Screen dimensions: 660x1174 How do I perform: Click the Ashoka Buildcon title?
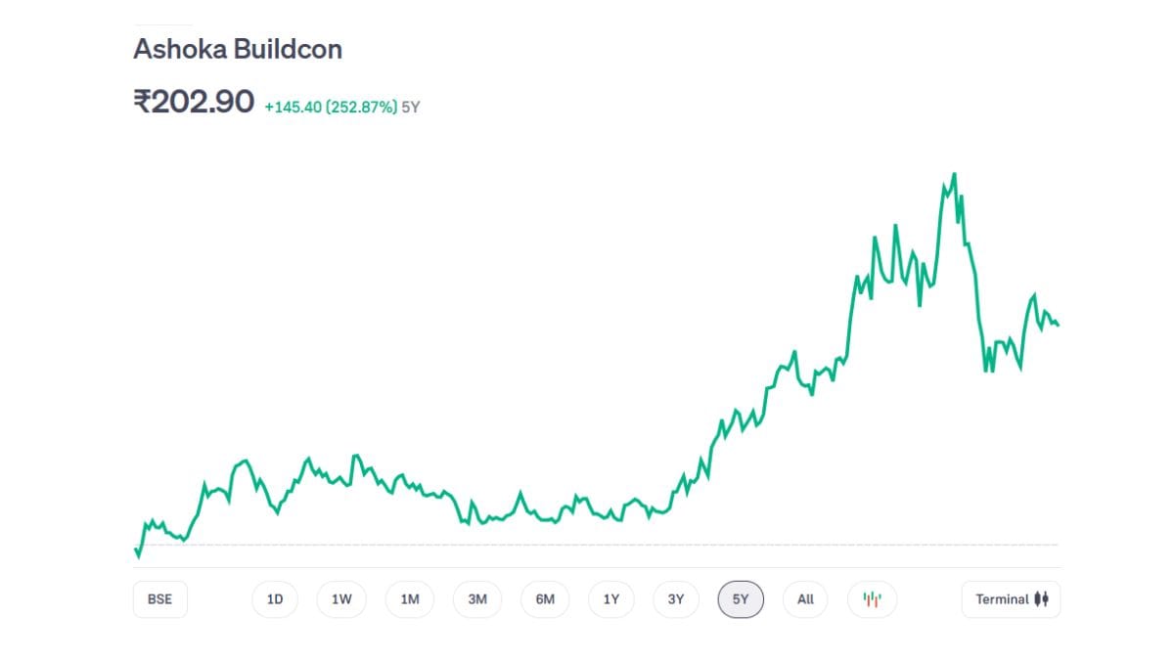coord(238,50)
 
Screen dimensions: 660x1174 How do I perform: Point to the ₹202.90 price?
coord(194,102)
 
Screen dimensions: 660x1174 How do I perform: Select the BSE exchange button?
coord(159,599)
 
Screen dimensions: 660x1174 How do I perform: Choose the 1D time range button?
coord(275,599)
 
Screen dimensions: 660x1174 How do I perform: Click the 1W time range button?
coord(341,599)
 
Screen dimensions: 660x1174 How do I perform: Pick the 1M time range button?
coord(409,599)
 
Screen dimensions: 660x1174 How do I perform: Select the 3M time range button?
coord(477,599)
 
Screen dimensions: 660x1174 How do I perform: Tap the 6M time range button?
coord(545,599)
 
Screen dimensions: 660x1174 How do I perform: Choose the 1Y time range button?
coord(611,599)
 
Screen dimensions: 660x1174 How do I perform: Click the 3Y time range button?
coord(676,599)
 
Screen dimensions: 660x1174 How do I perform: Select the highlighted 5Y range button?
coord(741,599)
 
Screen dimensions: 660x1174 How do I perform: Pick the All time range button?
coord(805,599)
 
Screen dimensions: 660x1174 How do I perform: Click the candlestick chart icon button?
coord(872,599)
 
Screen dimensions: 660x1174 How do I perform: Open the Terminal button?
coord(1011,599)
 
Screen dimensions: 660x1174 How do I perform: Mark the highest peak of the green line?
coord(954,174)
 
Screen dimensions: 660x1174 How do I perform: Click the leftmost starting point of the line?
coord(135,550)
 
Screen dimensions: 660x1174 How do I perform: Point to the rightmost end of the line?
coord(1058,325)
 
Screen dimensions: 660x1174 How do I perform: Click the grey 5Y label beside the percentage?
coord(411,107)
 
